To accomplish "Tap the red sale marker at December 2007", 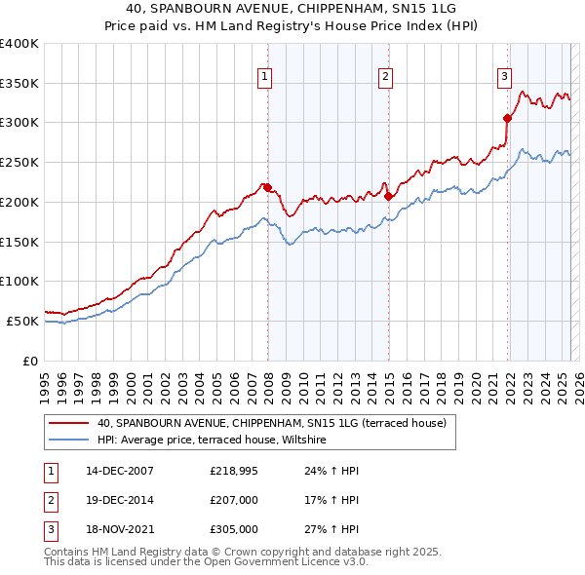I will (267, 187).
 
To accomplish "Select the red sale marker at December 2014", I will (388, 196).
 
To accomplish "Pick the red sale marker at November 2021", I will (508, 119).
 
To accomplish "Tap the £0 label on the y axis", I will (29, 361).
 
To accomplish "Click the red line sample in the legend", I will (70, 423).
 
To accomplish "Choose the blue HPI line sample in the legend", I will (70, 441).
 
